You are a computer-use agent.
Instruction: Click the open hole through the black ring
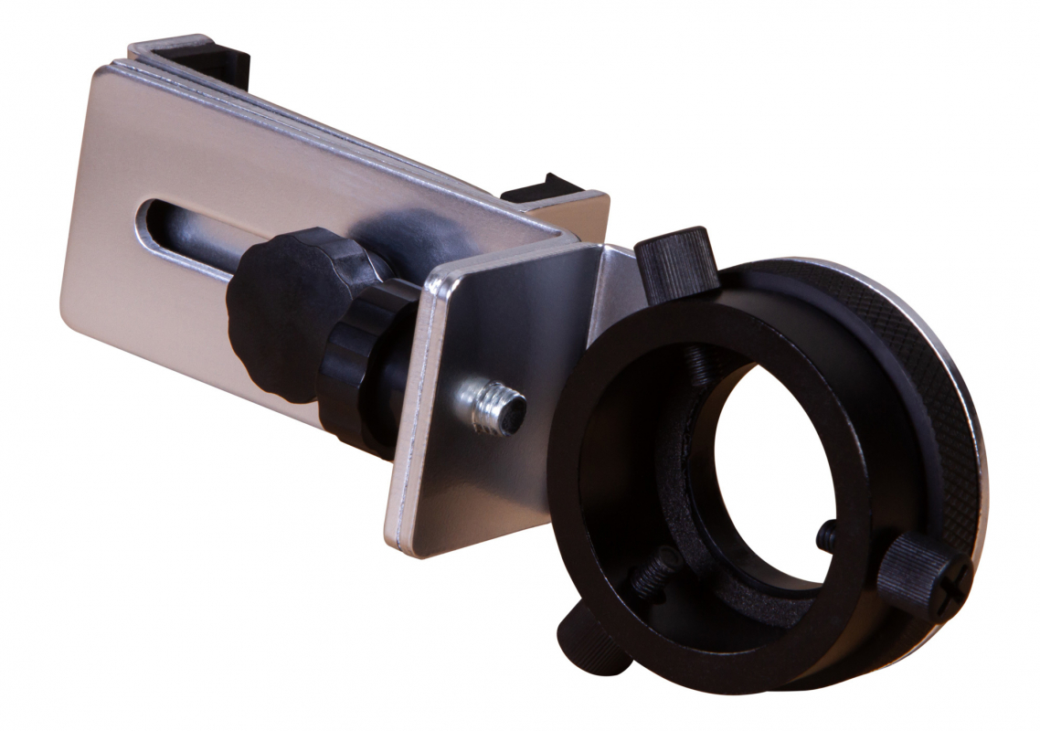pos(777,457)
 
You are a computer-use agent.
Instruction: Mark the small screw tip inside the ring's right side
pos(827,535)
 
